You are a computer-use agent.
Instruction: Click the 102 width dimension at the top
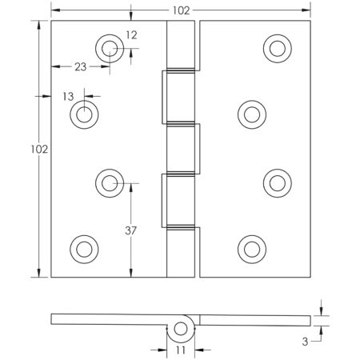pyautogui.click(x=180, y=10)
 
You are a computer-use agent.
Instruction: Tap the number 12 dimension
pyautogui.click(x=131, y=34)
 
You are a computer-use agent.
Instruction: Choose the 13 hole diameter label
pyautogui.click(x=69, y=95)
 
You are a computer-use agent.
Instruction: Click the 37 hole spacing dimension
pyautogui.click(x=131, y=231)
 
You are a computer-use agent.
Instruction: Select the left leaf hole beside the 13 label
pyautogui.click(x=83, y=115)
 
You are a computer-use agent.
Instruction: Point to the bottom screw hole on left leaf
pyautogui.click(x=83, y=248)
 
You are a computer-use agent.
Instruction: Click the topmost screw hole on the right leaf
pyautogui.click(x=277, y=50)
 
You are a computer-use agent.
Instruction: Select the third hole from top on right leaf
pyautogui.click(x=277, y=182)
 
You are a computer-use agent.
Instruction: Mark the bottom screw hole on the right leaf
pyautogui.click(x=251, y=248)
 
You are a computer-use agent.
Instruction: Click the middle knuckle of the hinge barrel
pyautogui.click(x=180, y=149)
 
